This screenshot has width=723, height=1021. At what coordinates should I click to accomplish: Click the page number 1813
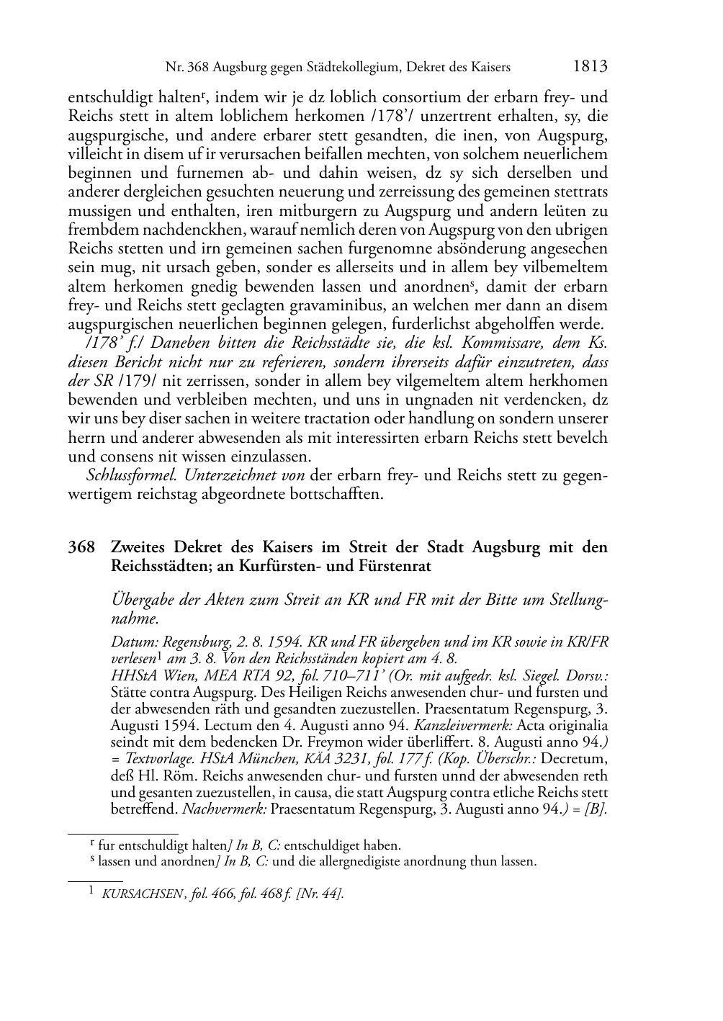pyautogui.click(x=590, y=67)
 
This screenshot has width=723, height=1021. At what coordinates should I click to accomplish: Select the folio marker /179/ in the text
pyautogui.click(x=148, y=381)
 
